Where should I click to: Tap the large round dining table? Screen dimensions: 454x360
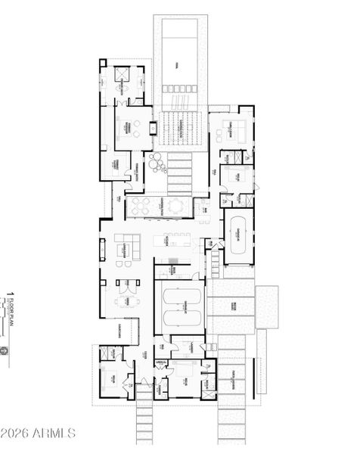coord(176,205)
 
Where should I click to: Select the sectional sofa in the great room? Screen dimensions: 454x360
coord(127,247)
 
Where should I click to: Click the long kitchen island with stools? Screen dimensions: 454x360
coord(173,241)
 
